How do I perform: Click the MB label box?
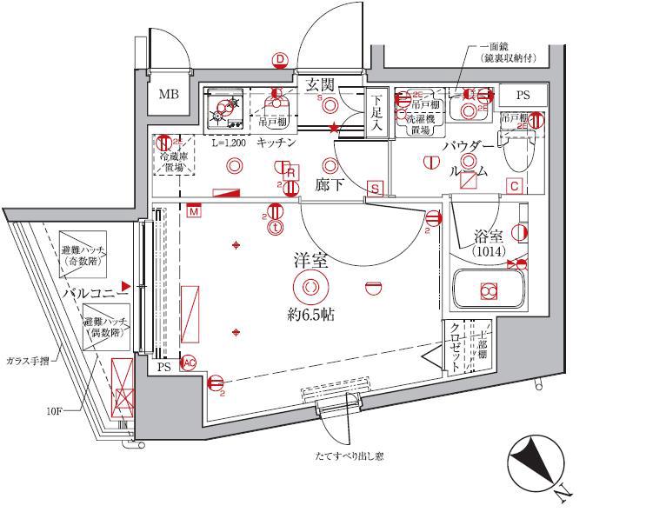(170, 94)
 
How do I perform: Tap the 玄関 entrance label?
(320, 84)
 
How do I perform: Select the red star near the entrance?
(333, 129)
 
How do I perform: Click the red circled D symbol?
(280, 59)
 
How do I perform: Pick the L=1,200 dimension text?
(228, 142)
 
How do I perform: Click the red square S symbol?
(375, 189)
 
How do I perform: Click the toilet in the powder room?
(516, 156)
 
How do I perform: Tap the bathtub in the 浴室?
(488, 291)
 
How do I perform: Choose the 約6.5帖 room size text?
(310, 315)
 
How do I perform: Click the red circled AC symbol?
(187, 365)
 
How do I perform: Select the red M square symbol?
(193, 210)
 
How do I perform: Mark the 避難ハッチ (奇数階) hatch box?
(83, 255)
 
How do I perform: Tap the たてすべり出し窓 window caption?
(350, 456)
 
